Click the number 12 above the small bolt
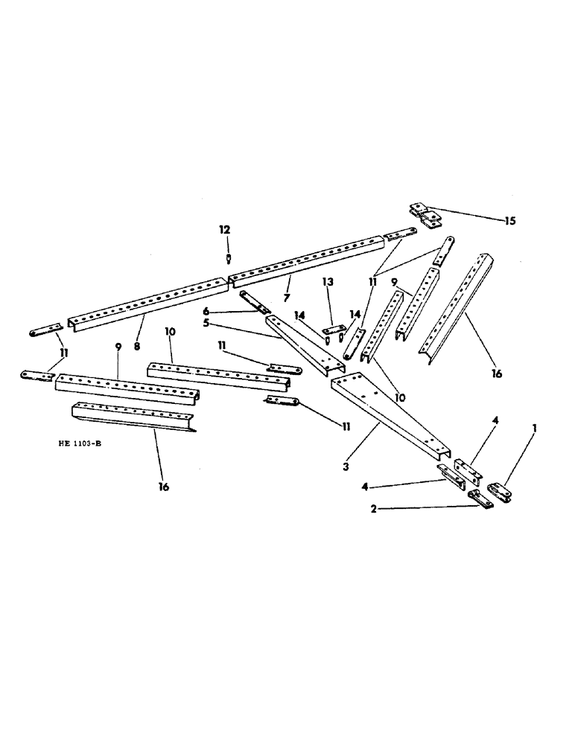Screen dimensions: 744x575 point(224,230)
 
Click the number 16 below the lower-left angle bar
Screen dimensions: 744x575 point(163,487)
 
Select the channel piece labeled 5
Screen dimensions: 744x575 point(305,346)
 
